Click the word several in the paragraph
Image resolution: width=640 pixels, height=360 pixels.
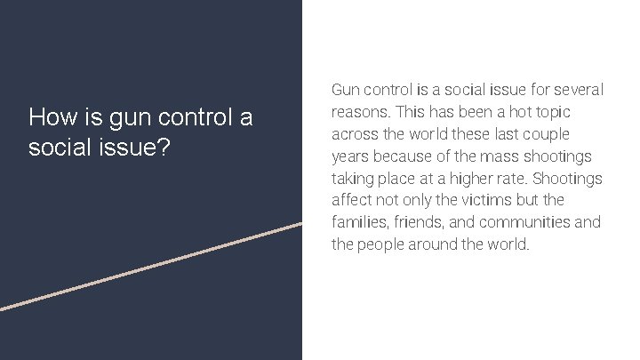tap(574, 90)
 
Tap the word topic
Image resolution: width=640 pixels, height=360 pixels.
tap(552, 112)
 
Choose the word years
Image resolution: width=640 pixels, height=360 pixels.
tap(351, 157)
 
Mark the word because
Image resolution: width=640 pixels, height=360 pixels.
tap(407, 156)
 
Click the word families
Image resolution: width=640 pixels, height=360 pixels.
tap(359, 222)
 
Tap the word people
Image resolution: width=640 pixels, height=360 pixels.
tap(383, 244)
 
